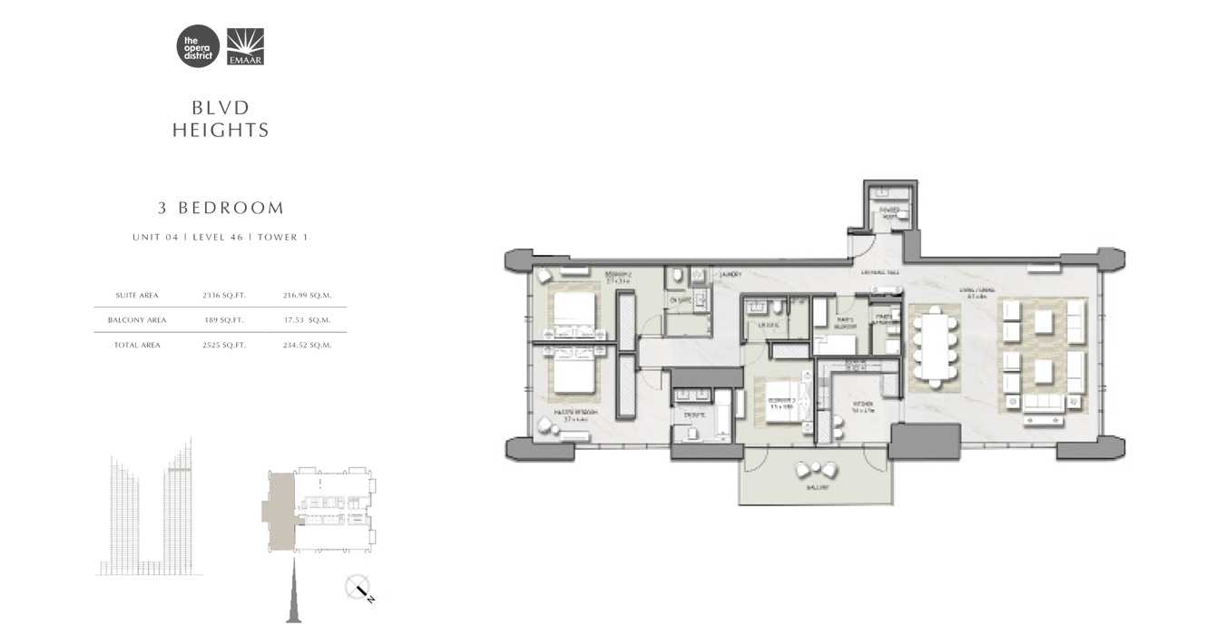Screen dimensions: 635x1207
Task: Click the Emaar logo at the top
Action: [x=245, y=47]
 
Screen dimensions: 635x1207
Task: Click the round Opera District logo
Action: [x=198, y=47]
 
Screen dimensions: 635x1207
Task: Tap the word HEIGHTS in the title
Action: [x=221, y=131]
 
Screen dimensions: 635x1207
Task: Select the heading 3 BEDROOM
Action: [x=221, y=208]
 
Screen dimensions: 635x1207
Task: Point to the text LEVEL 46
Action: [x=218, y=237]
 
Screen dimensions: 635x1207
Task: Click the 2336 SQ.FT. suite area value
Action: [x=224, y=295]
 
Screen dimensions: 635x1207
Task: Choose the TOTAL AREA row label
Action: [x=137, y=345]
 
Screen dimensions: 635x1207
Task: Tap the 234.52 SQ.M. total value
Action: [x=308, y=345]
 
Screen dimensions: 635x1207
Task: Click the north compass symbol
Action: [x=358, y=588]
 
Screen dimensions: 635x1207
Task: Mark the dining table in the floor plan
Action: [x=934, y=346]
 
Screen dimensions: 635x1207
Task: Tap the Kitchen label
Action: [x=862, y=405]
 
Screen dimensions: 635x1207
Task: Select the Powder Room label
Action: [x=887, y=212]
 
